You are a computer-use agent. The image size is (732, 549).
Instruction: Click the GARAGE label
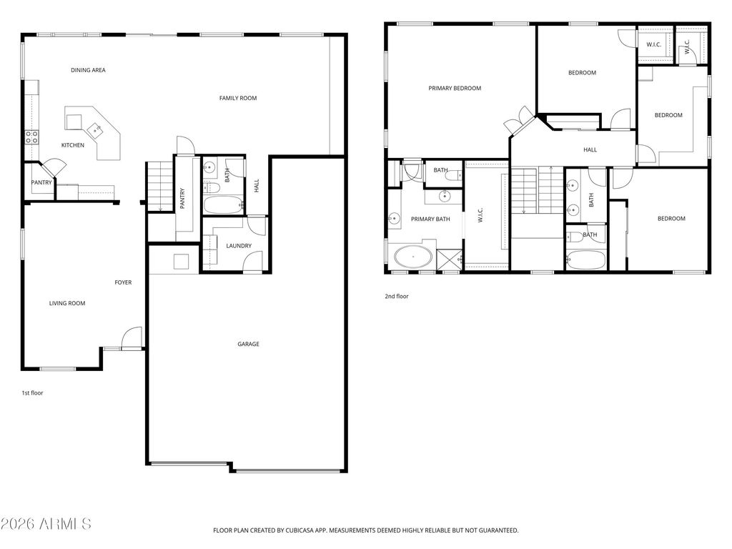pos(248,344)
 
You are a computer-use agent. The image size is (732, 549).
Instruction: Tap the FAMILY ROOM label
pos(237,98)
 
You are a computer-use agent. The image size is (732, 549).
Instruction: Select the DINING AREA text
pos(88,70)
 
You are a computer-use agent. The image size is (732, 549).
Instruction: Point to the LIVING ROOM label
pos(67,303)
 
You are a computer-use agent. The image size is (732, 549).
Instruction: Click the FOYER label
pos(123,282)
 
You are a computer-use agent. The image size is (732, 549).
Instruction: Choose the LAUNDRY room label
pos(238,246)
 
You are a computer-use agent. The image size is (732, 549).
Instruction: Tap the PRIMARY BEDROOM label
pos(455,88)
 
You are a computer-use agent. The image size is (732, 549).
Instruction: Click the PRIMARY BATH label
pos(430,219)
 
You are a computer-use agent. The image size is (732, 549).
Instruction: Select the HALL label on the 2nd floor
pos(590,149)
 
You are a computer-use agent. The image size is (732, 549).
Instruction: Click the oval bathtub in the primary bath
pos(413,256)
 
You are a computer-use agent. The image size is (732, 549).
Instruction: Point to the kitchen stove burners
pos(31,137)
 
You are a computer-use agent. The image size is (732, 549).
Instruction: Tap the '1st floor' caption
pos(32,392)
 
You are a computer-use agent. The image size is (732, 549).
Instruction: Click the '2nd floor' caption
pos(397,296)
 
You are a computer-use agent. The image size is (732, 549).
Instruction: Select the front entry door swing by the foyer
pos(131,339)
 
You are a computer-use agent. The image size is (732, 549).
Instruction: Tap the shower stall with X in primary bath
pos(449,259)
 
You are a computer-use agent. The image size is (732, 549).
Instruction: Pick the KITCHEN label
pos(72,145)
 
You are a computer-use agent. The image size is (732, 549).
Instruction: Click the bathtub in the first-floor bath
pos(222,206)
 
